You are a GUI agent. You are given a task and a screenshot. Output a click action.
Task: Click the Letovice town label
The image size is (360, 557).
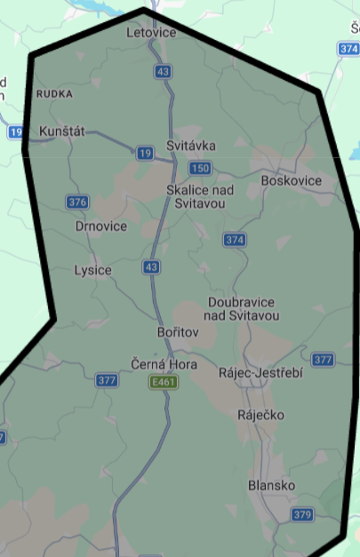[x=152, y=32]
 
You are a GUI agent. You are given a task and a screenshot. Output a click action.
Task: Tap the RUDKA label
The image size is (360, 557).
[x=54, y=92]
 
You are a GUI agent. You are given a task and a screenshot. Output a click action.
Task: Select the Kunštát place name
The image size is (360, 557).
[x=62, y=131]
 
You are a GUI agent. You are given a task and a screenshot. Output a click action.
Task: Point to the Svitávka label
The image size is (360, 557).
[x=191, y=145]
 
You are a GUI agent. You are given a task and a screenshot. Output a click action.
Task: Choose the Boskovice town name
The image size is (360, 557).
[x=292, y=180]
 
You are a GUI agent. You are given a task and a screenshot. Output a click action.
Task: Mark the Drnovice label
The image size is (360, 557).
[x=101, y=227]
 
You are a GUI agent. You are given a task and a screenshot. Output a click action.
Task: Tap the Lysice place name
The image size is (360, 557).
[x=93, y=270]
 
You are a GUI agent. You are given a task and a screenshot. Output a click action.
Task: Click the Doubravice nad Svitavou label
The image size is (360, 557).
[x=243, y=308]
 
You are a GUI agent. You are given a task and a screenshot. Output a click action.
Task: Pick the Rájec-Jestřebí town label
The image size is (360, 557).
[x=261, y=373]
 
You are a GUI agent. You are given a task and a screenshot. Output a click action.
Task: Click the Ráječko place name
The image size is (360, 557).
[x=260, y=415]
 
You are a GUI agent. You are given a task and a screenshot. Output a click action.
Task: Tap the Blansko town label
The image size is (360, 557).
[x=272, y=485]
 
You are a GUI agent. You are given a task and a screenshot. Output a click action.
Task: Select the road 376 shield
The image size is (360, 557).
[x=77, y=203]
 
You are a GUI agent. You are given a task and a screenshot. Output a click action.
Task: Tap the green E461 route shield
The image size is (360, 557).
[x=161, y=381]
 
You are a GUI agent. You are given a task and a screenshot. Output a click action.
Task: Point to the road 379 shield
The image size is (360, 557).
[x=303, y=514]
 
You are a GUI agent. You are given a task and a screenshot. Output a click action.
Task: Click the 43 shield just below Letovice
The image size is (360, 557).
[x=162, y=71]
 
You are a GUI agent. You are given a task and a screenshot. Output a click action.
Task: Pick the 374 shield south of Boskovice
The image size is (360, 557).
[x=235, y=240]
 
